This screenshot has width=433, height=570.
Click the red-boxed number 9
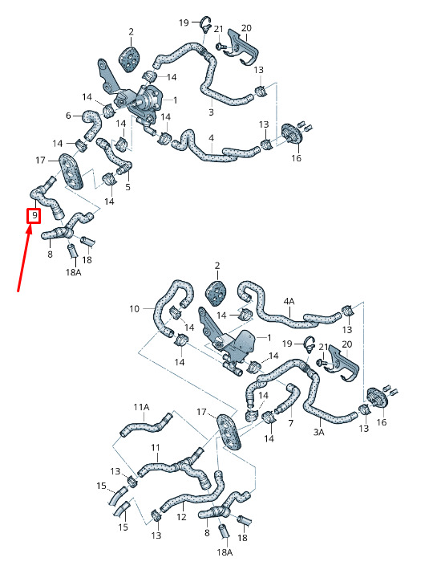pos(34,216)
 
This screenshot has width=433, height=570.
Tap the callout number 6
pos(68,116)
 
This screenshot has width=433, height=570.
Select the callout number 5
pos(127,187)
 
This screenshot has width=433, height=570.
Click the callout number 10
pos(134,308)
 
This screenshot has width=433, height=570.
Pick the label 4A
pos(289,301)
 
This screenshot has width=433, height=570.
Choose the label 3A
pos(318,432)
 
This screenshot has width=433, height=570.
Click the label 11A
pos(141,407)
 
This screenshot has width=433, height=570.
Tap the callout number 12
pos(181,516)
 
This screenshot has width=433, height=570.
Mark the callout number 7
pos(290,423)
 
